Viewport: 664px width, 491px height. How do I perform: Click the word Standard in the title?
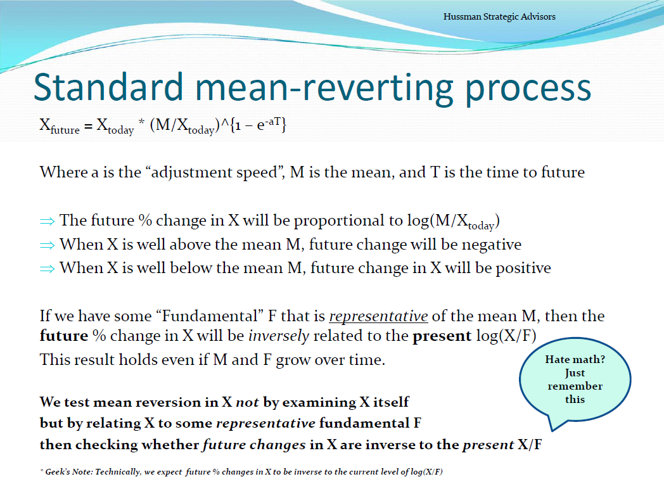click(x=108, y=87)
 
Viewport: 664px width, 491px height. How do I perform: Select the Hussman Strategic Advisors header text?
click(x=499, y=16)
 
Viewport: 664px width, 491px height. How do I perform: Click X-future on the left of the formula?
click(x=60, y=126)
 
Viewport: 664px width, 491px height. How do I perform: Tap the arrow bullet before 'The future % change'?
click(x=47, y=221)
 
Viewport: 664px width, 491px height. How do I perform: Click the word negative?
click(x=491, y=245)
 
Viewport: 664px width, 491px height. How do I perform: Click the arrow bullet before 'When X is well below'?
click(x=47, y=269)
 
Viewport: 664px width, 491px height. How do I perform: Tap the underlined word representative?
click(x=379, y=317)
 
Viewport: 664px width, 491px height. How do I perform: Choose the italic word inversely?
click(x=279, y=336)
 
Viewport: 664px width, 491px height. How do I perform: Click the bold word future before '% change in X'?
click(x=64, y=336)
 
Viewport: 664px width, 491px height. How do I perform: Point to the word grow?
click(x=293, y=360)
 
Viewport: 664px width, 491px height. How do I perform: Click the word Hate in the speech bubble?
click(x=556, y=359)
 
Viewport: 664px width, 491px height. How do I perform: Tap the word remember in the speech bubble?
click(x=575, y=386)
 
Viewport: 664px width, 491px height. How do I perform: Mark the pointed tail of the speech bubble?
click(x=552, y=430)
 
